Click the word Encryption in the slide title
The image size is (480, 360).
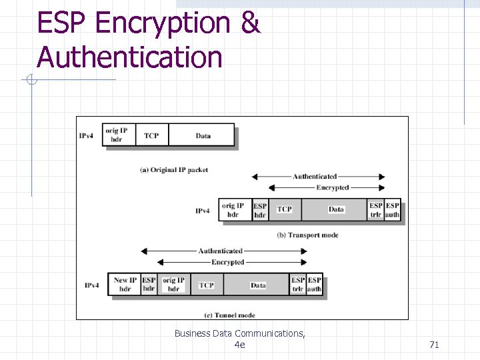click(162, 24)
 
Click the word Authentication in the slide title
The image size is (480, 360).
click(129, 57)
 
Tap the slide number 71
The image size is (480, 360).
click(434, 345)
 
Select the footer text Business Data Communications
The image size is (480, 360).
click(239, 333)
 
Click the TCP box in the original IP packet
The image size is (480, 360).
click(151, 135)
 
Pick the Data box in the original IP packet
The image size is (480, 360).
click(203, 135)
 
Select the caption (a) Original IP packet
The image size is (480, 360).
click(174, 170)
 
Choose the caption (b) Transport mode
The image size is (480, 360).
click(307, 235)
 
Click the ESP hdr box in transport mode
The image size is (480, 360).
click(260, 210)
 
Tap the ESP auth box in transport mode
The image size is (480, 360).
click(393, 210)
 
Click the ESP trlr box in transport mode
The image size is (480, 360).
click(376, 210)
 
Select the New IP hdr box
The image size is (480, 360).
click(125, 285)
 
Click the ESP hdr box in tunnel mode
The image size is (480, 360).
click(149, 285)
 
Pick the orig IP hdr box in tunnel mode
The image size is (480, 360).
click(173, 285)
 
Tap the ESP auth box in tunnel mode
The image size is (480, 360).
click(315, 285)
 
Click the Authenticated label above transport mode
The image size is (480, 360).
click(315, 177)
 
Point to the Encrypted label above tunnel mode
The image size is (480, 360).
click(227, 262)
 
